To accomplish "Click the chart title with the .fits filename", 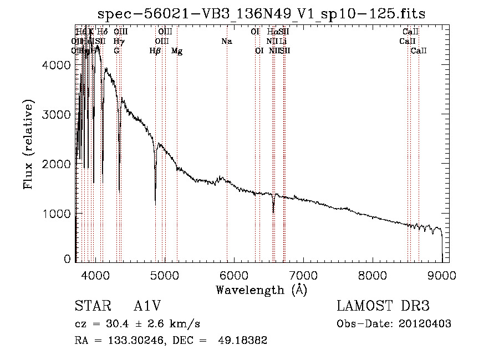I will [261, 14].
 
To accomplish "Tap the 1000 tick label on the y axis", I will [58, 214].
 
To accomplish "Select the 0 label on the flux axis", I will [68, 258].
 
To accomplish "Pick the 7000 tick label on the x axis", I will [303, 275].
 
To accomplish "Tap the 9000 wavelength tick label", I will [441, 275].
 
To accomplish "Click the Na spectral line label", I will [226, 42].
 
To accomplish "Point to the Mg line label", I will [177, 51].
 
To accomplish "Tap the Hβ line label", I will [155, 51].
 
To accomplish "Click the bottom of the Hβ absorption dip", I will [155, 203].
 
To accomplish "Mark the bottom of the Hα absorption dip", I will [273, 212].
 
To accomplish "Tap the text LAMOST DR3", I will [383, 307].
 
